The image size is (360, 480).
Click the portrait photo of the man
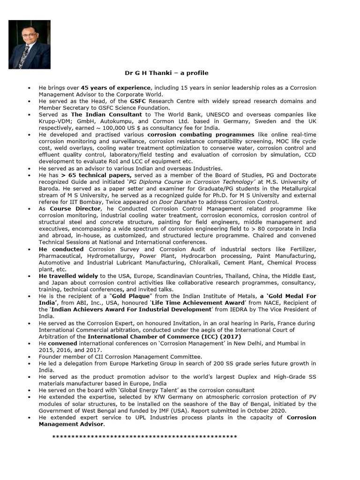click(x=30, y=45)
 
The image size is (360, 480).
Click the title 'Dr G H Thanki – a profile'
click(x=166, y=73)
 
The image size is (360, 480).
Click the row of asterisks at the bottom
click(x=144, y=437)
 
